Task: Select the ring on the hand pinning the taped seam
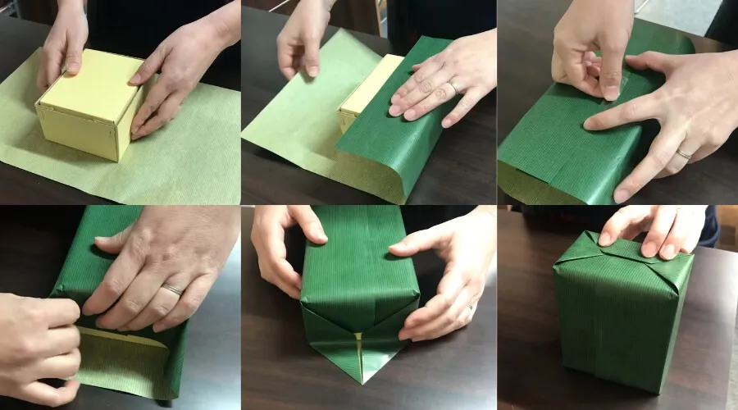pos(683,154)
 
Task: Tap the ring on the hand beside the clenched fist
pos(171,289)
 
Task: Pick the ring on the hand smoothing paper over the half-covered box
pos(453,88)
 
